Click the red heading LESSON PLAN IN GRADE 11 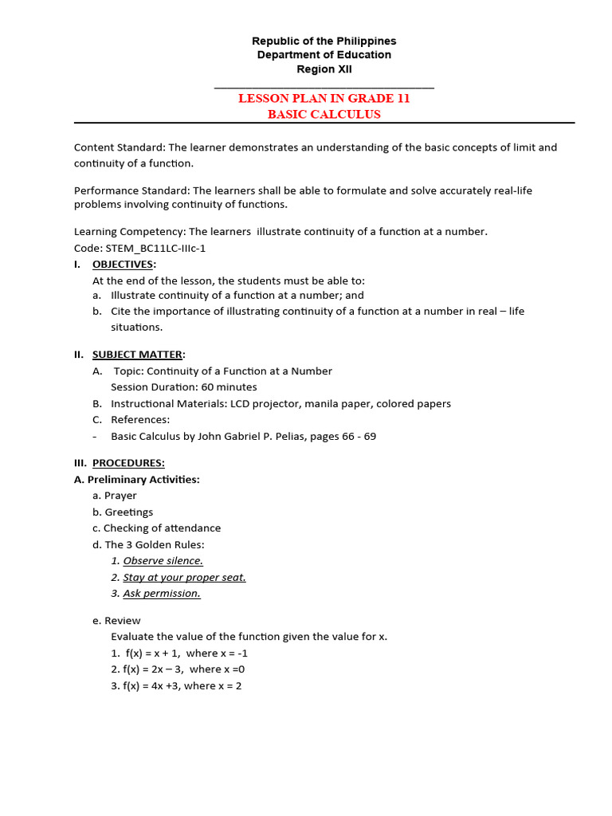tap(324, 99)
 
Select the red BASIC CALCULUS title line tap(324, 114)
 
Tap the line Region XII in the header tap(324, 69)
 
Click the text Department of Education tap(324, 55)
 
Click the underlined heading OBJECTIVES tap(124, 265)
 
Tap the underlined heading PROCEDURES tap(128, 463)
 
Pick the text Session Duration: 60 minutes tap(183, 387)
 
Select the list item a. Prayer tap(115, 496)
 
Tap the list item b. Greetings tap(123, 512)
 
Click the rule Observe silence tap(163, 561)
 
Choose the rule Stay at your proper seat tap(184, 577)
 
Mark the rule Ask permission tap(162, 594)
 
